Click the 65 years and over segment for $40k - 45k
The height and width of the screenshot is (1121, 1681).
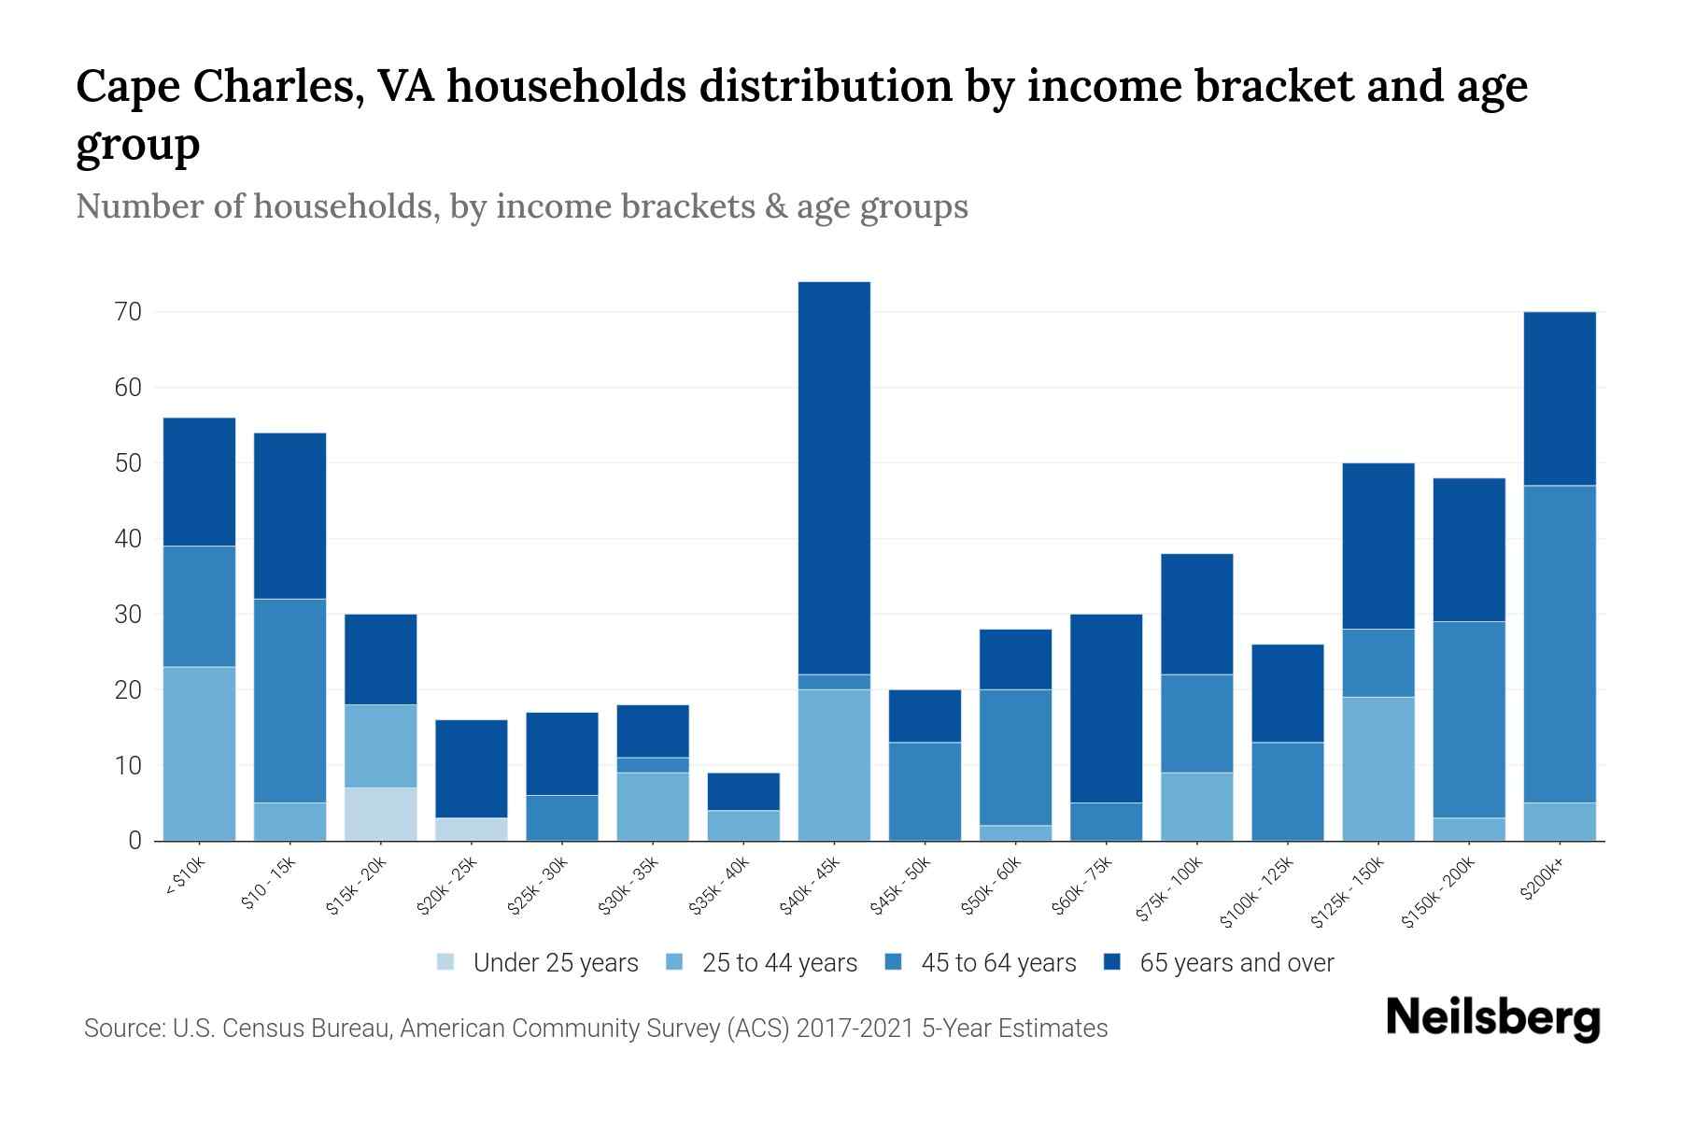834,477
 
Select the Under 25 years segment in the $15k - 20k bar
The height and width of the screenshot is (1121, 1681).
380,814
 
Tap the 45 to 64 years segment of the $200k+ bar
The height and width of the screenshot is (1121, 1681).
1559,644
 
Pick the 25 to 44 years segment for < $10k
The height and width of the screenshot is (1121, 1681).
199,753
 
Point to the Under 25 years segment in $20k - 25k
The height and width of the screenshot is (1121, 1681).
471,829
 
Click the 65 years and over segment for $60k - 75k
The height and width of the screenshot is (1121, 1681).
1106,708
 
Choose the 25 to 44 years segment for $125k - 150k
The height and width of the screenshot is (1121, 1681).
1377,768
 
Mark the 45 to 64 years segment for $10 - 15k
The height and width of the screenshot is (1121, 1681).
290,700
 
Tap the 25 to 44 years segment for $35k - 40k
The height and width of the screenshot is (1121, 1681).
743,825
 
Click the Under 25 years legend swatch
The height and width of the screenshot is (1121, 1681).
446,962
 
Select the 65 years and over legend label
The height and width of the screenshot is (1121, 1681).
1236,962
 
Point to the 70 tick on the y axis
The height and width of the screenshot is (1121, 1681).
129,312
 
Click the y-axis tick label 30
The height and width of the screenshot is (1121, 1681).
129,615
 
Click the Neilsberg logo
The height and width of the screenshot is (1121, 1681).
1492,1018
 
